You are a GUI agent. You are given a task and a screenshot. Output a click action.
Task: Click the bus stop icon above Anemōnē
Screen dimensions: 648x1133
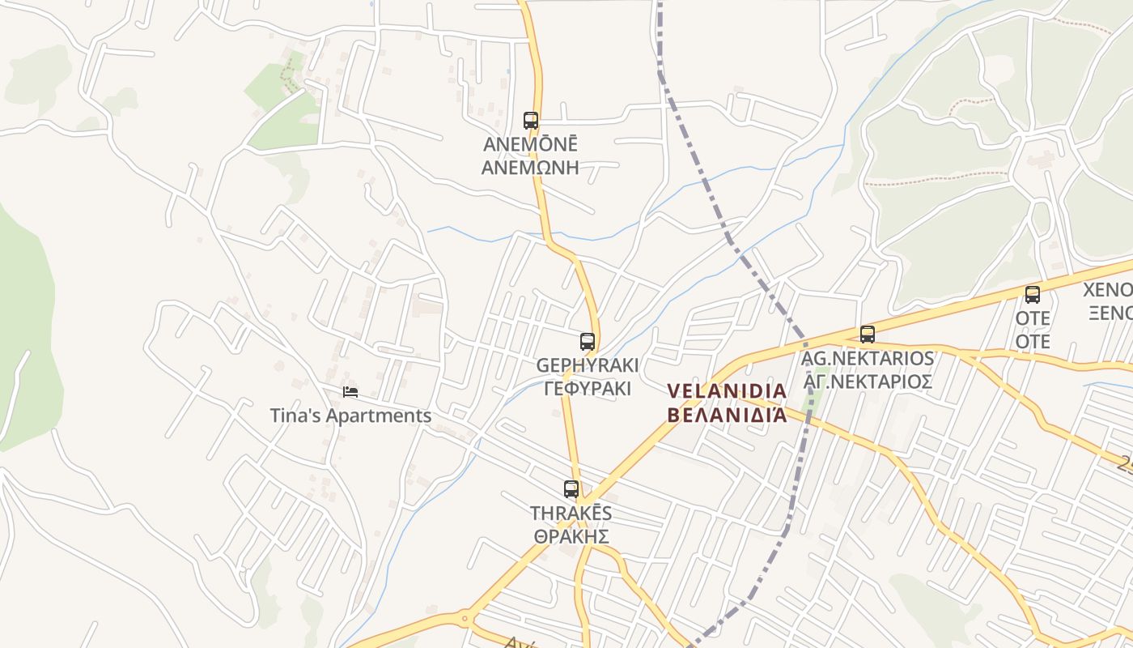point(531,121)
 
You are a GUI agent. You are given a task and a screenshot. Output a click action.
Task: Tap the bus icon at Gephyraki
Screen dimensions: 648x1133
point(588,342)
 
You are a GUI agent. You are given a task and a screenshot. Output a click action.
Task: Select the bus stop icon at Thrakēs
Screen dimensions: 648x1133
point(571,489)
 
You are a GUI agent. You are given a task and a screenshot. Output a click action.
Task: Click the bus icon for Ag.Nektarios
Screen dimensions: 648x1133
point(868,335)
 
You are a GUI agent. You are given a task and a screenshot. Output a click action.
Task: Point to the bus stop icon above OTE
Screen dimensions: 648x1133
point(1033,295)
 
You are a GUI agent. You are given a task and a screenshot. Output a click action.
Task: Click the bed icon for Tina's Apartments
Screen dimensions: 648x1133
point(350,392)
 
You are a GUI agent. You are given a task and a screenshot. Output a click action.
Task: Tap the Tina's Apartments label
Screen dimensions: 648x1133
point(350,416)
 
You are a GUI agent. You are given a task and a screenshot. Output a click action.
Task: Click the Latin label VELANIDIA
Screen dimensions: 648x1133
point(727,391)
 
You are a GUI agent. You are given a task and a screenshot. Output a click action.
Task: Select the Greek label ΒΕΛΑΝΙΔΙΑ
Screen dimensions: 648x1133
point(727,415)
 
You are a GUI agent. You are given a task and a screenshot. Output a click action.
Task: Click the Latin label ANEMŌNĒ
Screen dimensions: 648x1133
point(531,144)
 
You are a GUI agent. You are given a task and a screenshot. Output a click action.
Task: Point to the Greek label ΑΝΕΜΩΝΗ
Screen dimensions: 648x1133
point(531,168)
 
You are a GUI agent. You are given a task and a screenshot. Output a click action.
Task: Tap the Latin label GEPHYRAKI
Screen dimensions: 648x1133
point(588,365)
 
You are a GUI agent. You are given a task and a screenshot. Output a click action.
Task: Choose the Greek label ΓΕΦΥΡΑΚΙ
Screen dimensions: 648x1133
point(588,389)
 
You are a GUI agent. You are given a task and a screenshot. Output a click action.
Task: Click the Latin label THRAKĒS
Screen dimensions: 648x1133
point(571,514)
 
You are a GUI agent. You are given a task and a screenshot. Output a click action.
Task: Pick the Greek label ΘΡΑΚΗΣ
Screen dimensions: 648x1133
point(571,536)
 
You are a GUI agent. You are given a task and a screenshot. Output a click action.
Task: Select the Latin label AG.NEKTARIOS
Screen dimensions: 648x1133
point(868,358)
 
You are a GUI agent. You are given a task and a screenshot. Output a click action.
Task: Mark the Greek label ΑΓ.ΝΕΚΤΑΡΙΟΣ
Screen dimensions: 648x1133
point(868,382)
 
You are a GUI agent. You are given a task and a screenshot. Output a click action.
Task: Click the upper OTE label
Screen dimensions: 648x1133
point(1033,318)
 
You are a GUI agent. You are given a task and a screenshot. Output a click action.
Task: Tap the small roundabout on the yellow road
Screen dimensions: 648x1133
point(465,620)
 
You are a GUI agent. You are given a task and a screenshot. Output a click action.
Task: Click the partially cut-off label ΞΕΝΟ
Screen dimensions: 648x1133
point(1110,313)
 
